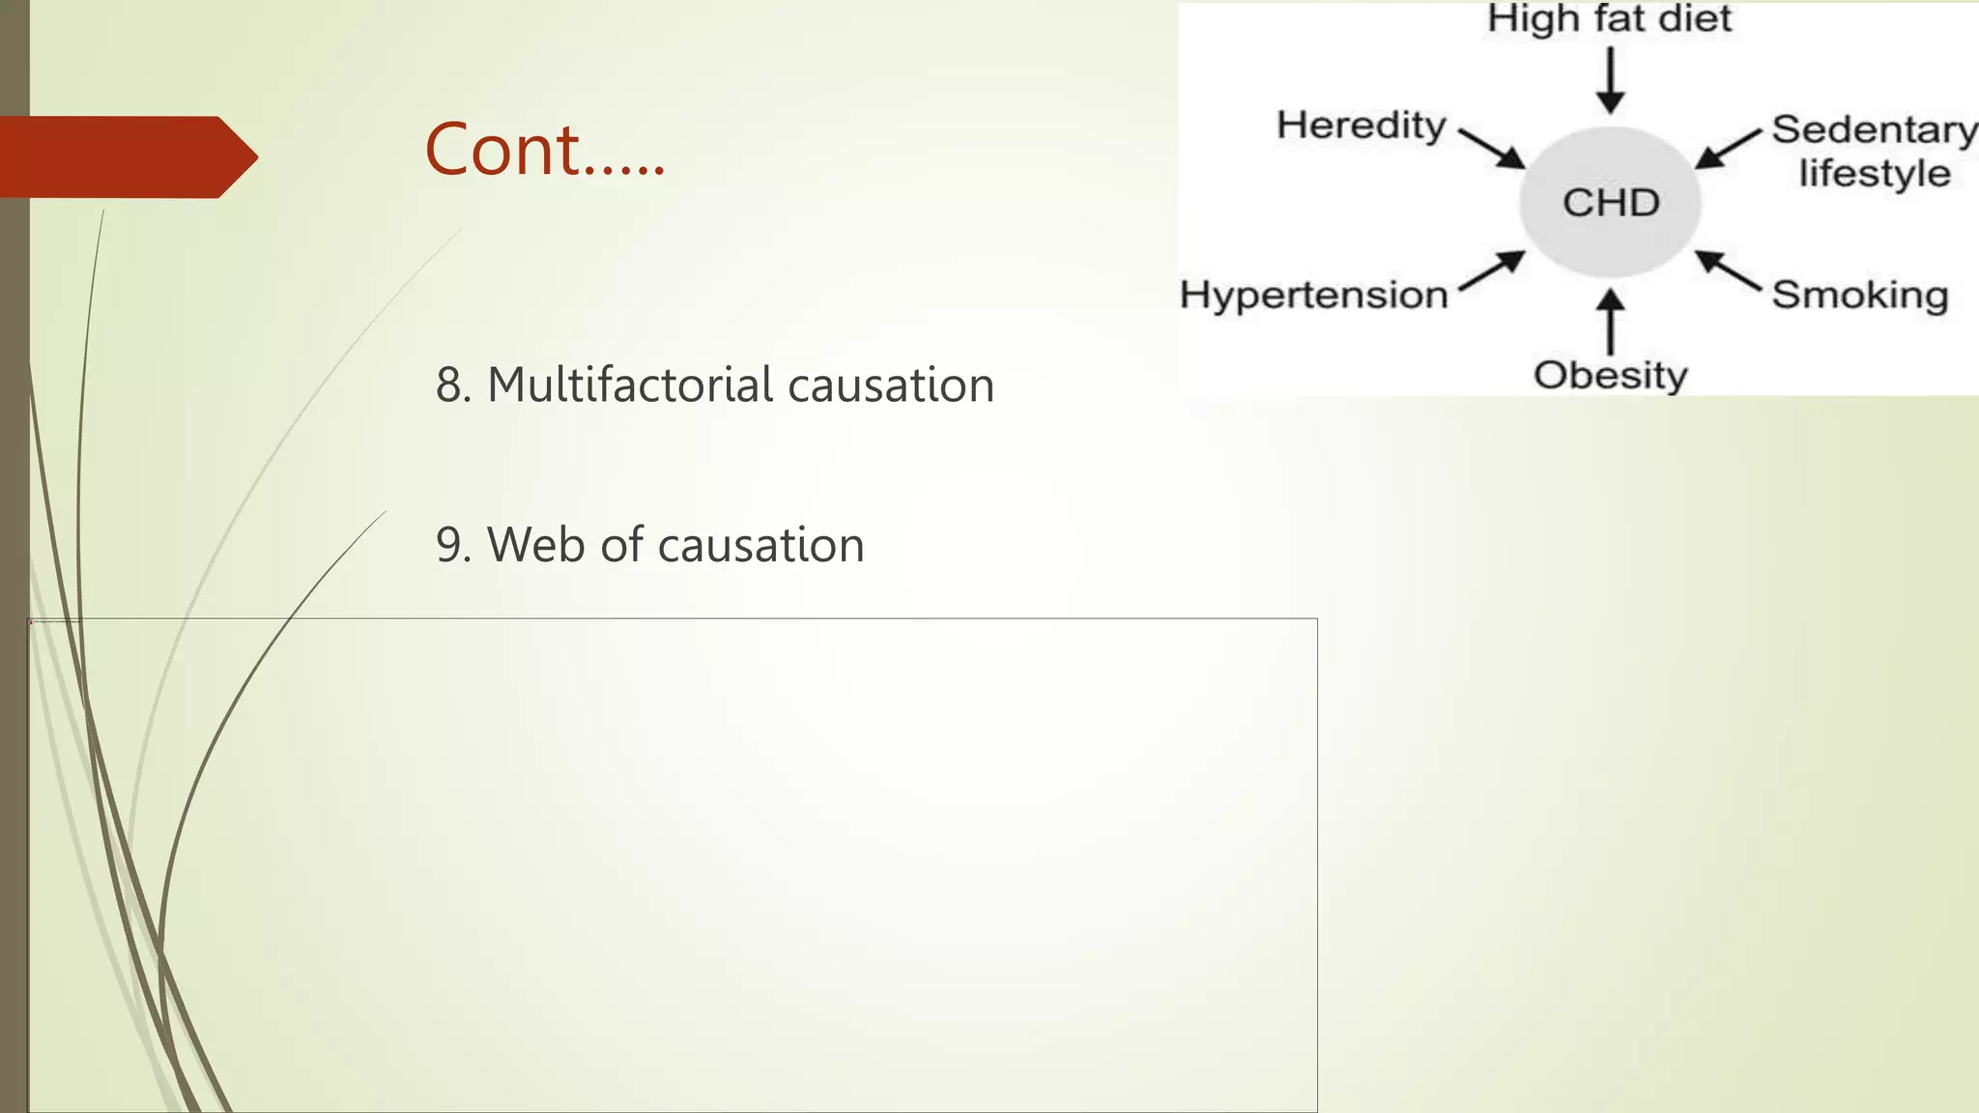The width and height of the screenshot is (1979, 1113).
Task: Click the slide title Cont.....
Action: click(x=545, y=151)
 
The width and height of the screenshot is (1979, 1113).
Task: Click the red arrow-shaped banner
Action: click(x=126, y=157)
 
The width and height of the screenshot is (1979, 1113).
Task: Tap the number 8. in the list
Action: click(x=453, y=385)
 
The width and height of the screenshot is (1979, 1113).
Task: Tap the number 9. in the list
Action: click(x=453, y=545)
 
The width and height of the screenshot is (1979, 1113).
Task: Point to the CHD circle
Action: click(x=1610, y=203)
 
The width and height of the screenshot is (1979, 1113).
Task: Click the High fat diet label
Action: click(x=1609, y=19)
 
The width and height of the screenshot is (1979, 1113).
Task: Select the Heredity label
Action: click(x=1361, y=126)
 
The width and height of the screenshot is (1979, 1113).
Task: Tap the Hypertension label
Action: click(x=1314, y=295)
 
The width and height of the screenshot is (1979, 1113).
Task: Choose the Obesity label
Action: click(x=1610, y=375)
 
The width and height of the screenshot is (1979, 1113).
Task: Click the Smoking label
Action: click(x=1859, y=295)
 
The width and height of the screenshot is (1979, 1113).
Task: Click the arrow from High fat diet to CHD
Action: click(x=1610, y=80)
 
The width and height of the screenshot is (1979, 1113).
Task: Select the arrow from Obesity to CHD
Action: click(x=1610, y=322)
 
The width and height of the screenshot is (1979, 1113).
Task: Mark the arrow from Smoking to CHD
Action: click(x=1729, y=271)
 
